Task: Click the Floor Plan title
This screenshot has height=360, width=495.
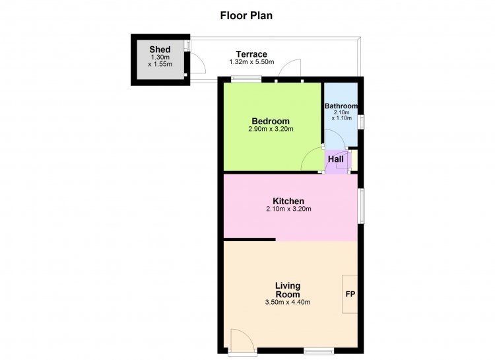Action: tap(246, 15)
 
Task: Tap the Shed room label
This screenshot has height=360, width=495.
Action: tap(160, 50)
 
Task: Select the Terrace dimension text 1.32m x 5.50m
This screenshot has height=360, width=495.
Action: tap(251, 62)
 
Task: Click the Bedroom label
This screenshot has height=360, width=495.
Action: tap(271, 121)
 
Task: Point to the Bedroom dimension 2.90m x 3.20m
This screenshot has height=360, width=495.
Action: tap(271, 129)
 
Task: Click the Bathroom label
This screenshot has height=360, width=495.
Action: tap(341, 106)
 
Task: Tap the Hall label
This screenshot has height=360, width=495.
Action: tap(335, 159)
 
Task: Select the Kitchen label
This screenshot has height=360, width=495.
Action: tap(288, 201)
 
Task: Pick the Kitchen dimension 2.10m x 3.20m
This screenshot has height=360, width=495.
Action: tap(289, 209)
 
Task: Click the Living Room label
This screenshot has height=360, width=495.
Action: tap(288, 290)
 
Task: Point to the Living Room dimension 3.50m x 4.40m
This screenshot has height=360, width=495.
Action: tap(288, 302)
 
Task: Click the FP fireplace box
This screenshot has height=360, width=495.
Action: tap(350, 294)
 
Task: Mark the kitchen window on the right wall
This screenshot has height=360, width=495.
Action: tap(361, 206)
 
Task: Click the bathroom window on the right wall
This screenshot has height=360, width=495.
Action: tap(361, 122)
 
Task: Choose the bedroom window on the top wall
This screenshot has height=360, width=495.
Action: tap(246, 79)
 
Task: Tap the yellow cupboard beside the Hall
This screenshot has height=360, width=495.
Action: tap(354, 161)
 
